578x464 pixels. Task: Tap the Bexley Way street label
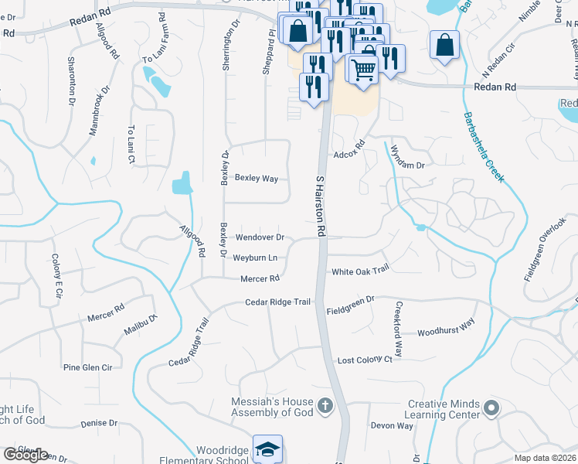257,179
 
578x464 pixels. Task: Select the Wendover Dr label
260,237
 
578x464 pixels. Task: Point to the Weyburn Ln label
255,258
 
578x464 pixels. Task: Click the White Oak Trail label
359,271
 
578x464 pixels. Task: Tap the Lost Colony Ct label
365,360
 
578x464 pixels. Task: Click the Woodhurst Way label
446,331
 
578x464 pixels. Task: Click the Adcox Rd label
348,150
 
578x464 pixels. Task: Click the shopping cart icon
363,69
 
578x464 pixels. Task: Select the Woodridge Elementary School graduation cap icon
267,449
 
